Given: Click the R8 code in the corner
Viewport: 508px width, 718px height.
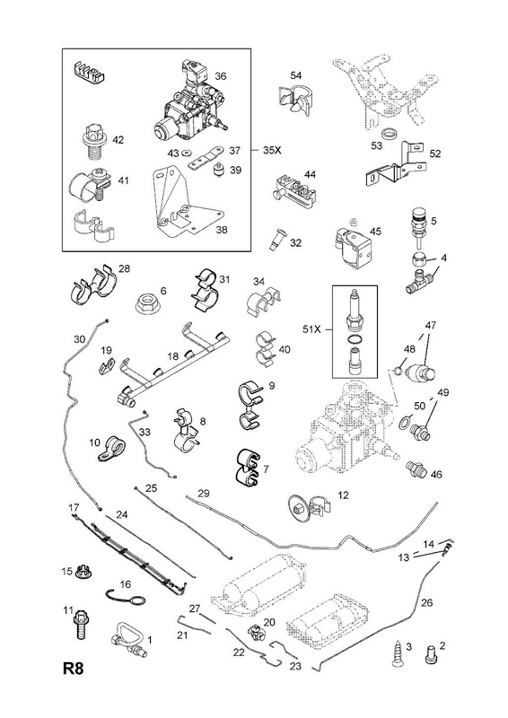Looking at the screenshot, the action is (74, 669).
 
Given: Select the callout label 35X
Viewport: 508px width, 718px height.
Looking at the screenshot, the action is (272, 150).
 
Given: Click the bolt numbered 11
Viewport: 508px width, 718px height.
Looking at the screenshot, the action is (82, 626).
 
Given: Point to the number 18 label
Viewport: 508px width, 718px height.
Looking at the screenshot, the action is (172, 356).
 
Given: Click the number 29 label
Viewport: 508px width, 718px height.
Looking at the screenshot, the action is (204, 493).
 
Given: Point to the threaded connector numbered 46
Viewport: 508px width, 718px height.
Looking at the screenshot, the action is (416, 468).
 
